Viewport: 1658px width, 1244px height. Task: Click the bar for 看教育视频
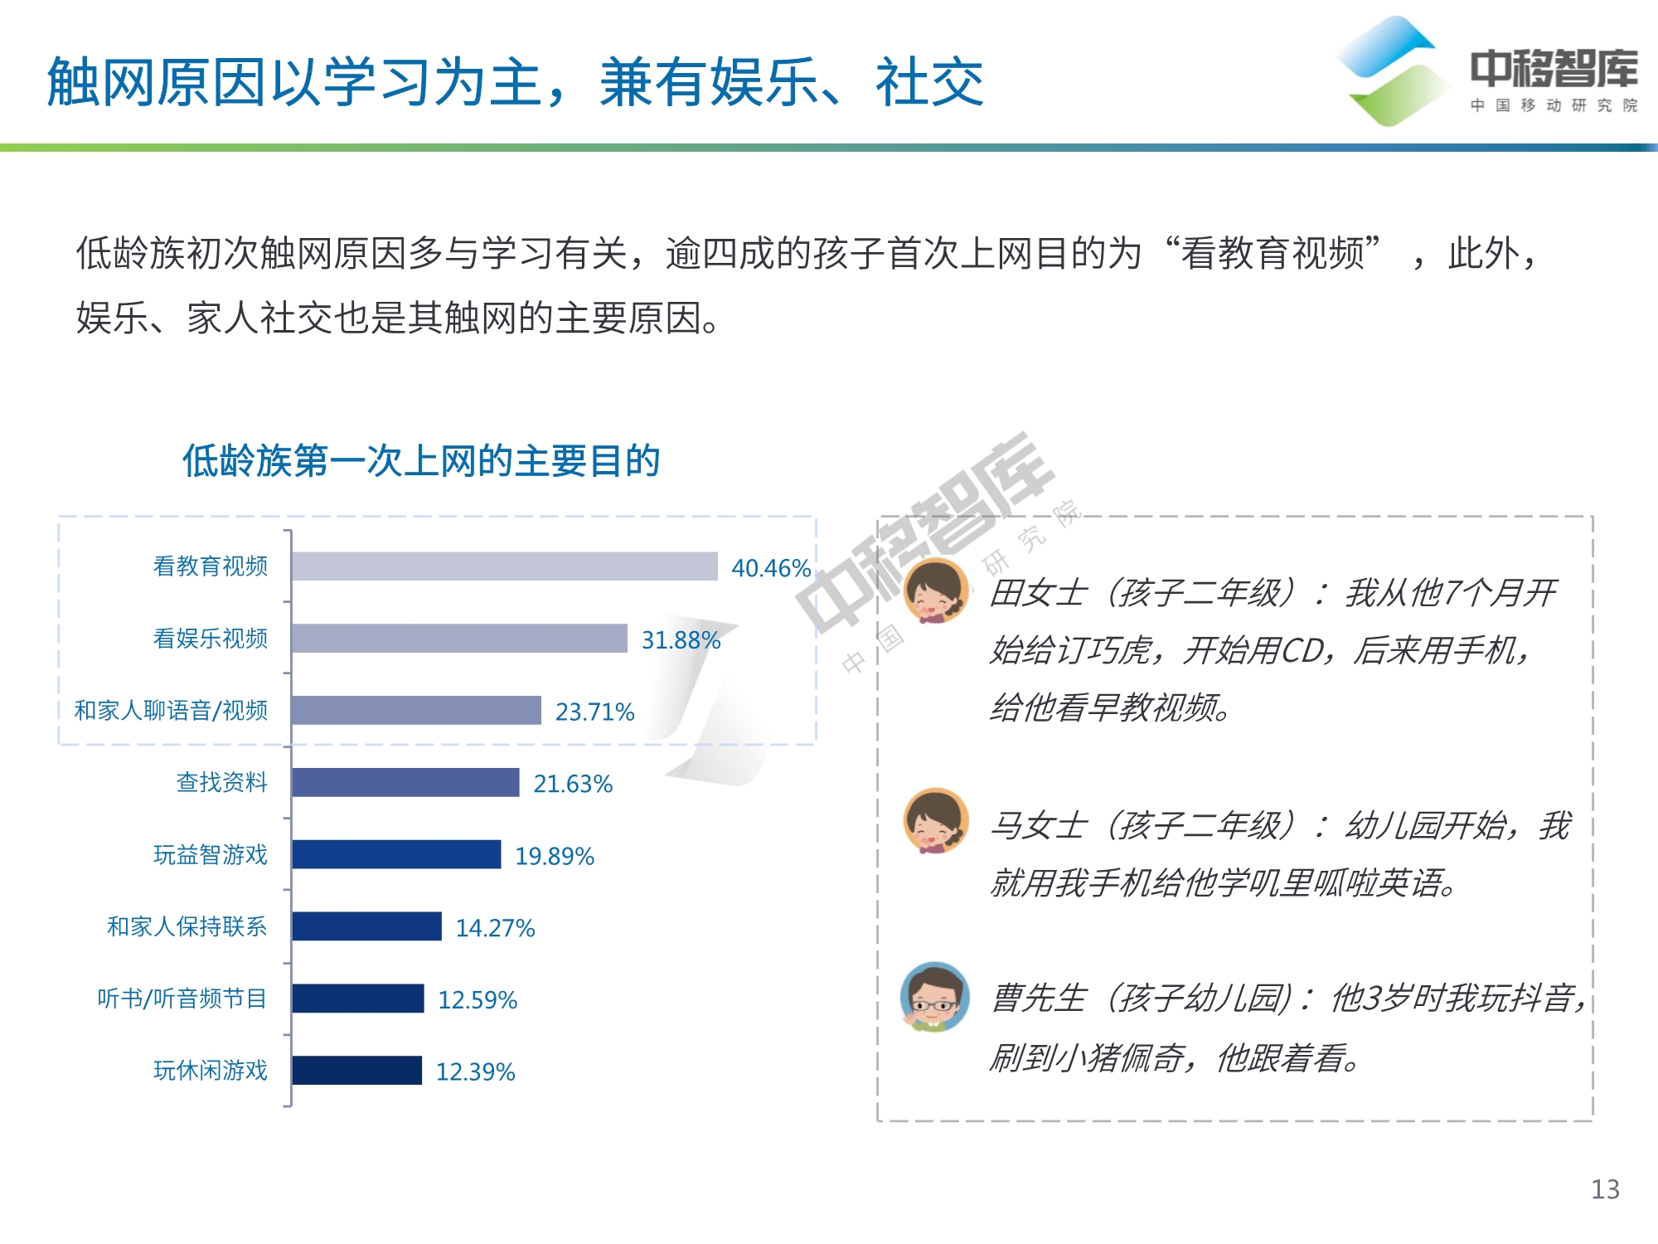(x=504, y=566)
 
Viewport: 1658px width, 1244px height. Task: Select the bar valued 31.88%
(x=459, y=639)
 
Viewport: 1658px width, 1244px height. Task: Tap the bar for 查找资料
(x=405, y=782)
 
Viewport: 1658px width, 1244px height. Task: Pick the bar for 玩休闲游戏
(x=357, y=1070)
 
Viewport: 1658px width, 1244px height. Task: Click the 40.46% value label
(x=770, y=568)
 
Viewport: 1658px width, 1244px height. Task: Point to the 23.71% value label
(x=594, y=712)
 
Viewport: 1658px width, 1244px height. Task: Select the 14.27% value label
(x=495, y=927)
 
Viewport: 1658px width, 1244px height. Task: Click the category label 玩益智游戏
(x=211, y=855)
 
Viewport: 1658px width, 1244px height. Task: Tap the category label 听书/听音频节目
(x=182, y=999)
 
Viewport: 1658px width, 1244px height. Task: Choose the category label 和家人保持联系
(x=187, y=926)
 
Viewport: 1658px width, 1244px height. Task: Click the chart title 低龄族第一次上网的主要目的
(x=421, y=461)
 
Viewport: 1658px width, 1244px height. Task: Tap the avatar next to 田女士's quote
(x=936, y=590)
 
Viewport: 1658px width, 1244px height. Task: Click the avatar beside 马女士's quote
(x=936, y=821)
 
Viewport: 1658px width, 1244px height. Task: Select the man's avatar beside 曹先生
(x=935, y=996)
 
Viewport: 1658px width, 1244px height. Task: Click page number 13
(x=1605, y=1189)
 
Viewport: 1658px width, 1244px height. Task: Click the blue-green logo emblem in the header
(x=1390, y=71)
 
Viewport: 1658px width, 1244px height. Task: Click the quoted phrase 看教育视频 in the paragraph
(x=1273, y=254)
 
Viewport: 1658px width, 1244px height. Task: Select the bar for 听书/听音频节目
(x=358, y=999)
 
